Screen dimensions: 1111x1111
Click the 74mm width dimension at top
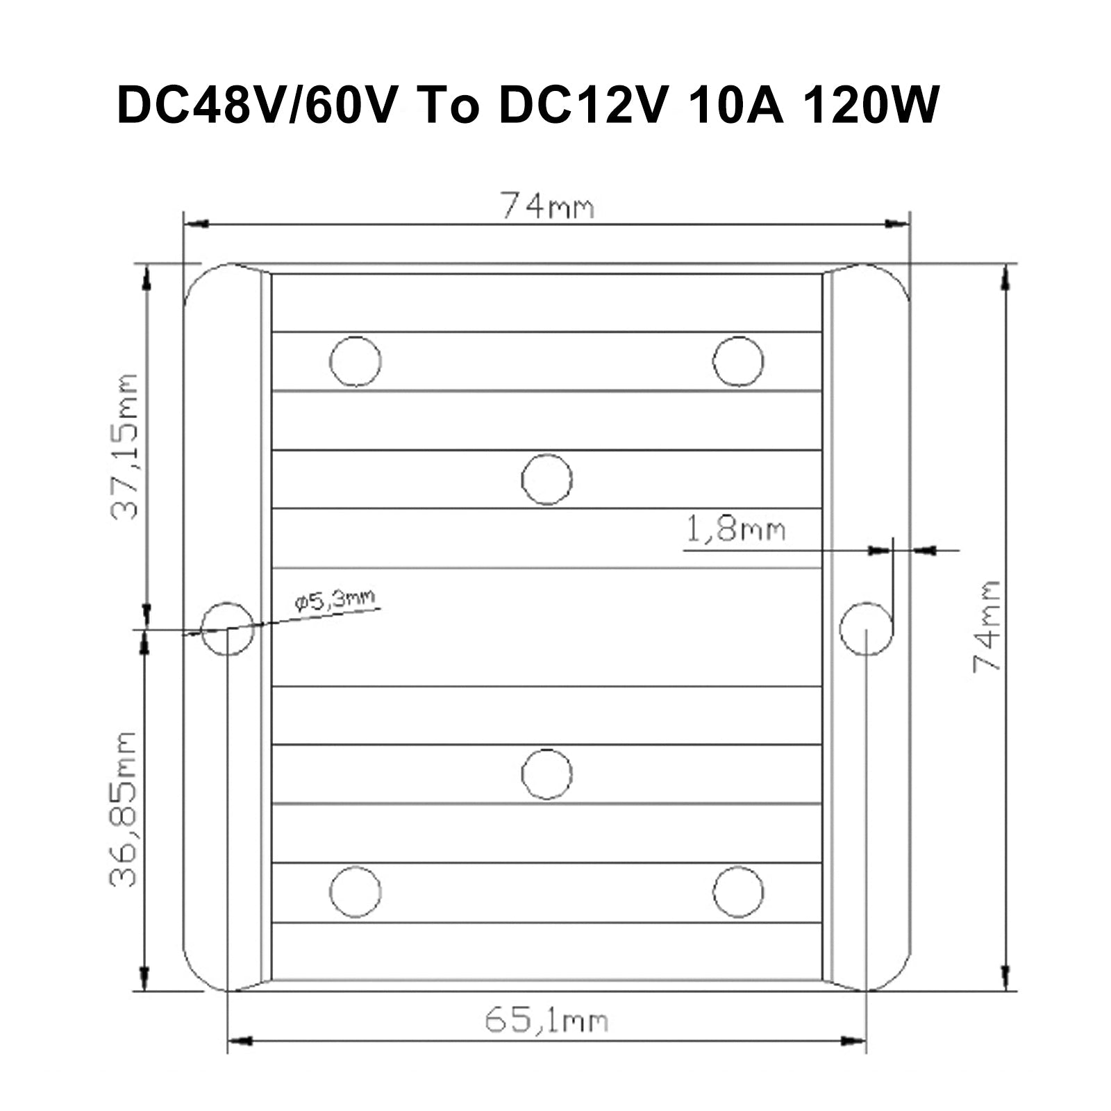tap(546, 206)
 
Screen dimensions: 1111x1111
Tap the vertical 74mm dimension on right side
tap(986, 626)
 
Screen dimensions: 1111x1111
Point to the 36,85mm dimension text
tap(124, 808)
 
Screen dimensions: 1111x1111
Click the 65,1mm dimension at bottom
tap(546, 1021)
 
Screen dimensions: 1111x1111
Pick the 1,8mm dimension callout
tap(735, 531)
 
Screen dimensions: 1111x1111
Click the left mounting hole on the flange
tap(227, 628)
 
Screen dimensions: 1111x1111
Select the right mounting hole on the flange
tap(866, 628)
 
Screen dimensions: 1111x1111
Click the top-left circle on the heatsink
tap(356, 361)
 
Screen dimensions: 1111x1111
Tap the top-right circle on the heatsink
tap(738, 361)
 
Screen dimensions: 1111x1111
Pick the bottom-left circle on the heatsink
tap(356, 892)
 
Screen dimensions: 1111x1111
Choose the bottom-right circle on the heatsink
tap(738, 892)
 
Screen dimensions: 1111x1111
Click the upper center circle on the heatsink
tap(546, 479)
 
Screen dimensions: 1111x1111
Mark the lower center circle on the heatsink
tap(546, 774)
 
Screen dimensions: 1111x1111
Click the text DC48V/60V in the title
tap(257, 106)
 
